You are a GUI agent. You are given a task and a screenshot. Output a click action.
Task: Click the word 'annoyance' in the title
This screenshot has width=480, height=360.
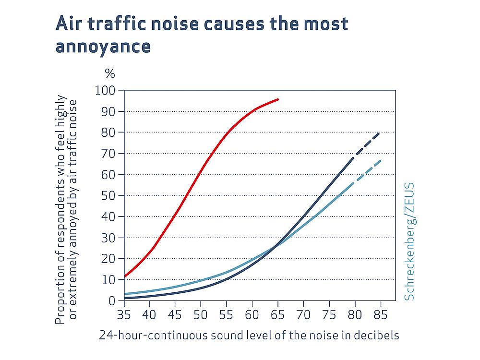click(103, 47)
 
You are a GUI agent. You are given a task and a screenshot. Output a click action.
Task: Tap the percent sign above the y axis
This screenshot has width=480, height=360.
click(110, 74)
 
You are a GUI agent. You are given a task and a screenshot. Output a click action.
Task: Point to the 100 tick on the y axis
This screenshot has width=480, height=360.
click(106, 91)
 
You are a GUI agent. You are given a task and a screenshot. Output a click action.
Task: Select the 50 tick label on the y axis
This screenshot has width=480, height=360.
click(109, 196)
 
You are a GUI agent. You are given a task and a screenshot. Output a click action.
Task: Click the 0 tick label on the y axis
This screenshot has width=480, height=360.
click(112, 301)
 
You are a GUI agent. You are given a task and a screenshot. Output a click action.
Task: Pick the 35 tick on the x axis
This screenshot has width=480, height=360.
click(124, 315)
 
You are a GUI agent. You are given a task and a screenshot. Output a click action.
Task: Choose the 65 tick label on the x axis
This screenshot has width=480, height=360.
click(277, 315)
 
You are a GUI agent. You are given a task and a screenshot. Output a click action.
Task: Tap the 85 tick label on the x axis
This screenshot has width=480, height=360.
click(380, 315)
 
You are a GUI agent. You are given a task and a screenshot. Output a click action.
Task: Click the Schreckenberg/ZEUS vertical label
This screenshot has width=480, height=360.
click(409, 241)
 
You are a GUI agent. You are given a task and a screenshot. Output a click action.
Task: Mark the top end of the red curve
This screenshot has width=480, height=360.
click(278, 99)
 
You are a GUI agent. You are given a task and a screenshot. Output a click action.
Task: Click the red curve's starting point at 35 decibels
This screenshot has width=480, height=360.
click(124, 276)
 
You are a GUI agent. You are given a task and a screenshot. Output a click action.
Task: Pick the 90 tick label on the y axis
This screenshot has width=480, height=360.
click(109, 112)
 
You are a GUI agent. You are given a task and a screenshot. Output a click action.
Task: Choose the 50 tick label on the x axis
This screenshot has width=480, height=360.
click(201, 315)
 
